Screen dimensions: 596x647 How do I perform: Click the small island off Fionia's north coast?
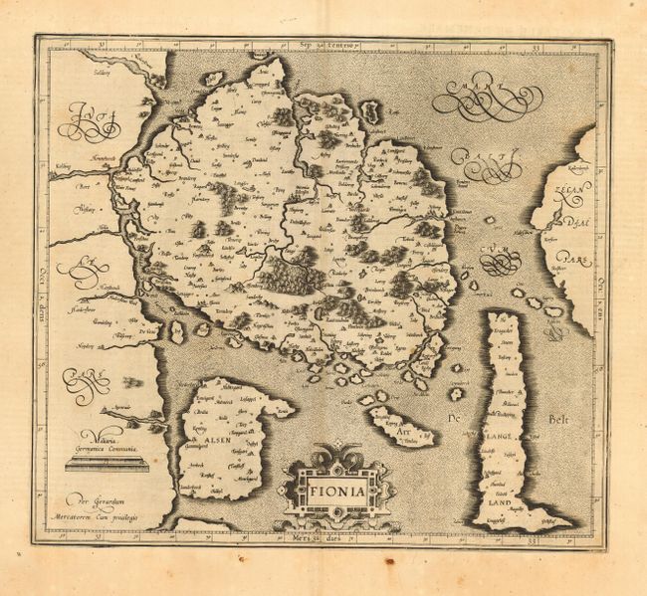214,78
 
